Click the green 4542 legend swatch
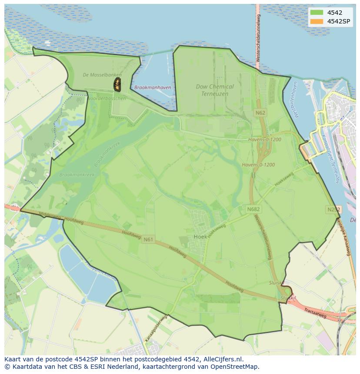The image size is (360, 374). [x=316, y=13]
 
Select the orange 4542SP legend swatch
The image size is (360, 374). [x=316, y=21]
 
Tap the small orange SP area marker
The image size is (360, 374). [x=117, y=85]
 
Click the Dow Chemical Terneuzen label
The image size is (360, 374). [x=215, y=90]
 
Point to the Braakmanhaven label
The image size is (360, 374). [x=153, y=87]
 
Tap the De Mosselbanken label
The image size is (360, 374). [x=102, y=75]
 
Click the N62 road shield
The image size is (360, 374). [x=260, y=113]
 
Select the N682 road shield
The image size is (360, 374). [x=253, y=209]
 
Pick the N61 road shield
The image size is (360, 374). [x=148, y=239]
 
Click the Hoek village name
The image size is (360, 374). [x=200, y=237]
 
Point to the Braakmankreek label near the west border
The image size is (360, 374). [x=77, y=175]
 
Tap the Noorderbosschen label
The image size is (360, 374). [x=107, y=98]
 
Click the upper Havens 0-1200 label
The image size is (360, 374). [x=265, y=140]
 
